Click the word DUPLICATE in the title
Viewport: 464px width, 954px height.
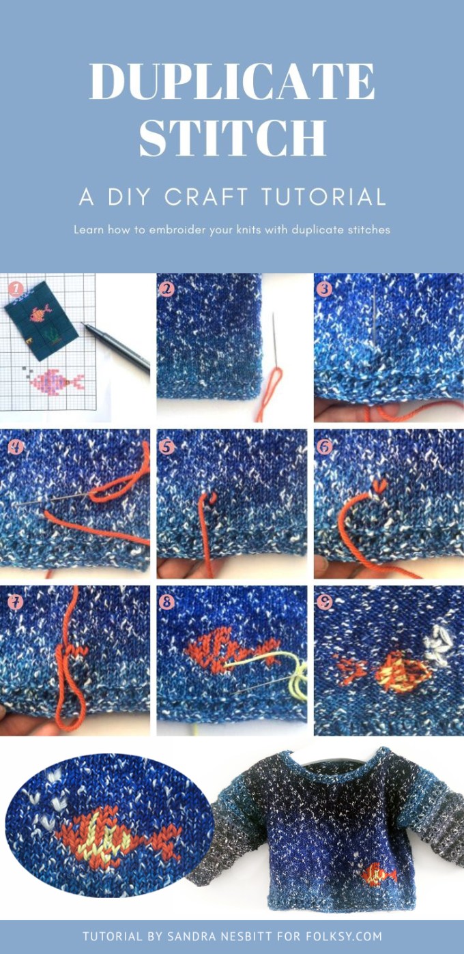232,81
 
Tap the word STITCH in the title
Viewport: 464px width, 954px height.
233,137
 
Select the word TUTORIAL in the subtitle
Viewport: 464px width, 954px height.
323,197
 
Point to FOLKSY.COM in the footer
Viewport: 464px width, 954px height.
343,936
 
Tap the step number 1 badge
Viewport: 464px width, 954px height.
15,289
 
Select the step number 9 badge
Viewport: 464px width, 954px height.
324,602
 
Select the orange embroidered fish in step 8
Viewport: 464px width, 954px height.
230,647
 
